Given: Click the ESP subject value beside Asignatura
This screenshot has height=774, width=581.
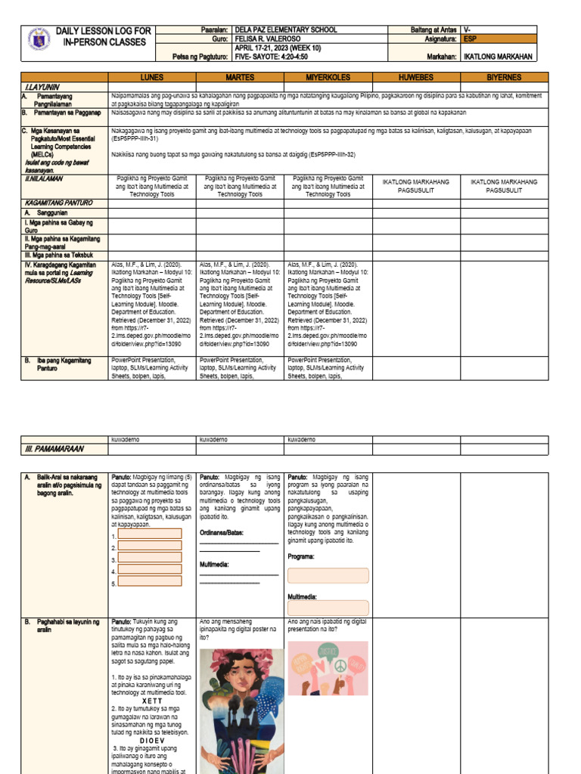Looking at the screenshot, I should point(471,39).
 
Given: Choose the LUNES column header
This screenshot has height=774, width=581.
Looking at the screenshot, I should point(151,78).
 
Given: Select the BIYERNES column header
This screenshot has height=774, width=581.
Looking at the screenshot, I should point(505,78).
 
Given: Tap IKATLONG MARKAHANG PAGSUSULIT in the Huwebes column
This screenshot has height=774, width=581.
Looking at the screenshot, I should point(417,187).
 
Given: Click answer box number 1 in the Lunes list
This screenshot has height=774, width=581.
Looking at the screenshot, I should point(150,534).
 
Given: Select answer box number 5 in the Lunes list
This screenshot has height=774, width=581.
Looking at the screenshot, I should point(150,583).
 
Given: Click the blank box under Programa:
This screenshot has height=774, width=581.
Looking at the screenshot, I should point(328,575).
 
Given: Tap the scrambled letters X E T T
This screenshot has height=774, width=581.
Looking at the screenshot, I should point(152,701).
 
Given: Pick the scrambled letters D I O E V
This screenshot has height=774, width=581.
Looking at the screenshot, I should point(152,740).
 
